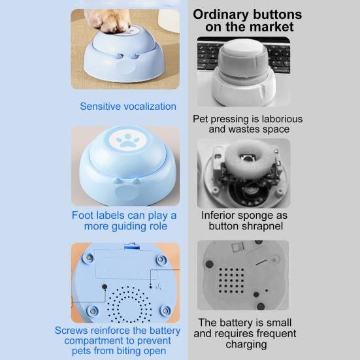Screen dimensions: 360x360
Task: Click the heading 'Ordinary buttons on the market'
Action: click(247, 21)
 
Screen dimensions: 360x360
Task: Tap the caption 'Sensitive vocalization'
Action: click(128, 106)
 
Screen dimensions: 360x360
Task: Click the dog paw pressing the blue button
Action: click(107, 20)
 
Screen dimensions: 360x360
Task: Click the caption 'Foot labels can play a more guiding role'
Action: click(124, 221)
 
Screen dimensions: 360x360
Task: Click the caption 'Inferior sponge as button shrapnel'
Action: click(244, 221)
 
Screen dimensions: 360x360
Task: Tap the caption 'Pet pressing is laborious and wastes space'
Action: click(248, 124)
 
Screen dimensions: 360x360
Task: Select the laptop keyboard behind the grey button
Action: click(243, 55)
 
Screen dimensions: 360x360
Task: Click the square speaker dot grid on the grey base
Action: click(231, 280)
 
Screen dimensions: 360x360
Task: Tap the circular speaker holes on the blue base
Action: click(129, 304)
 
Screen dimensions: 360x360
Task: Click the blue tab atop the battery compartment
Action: click(131, 246)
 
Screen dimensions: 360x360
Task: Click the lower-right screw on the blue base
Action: click(165, 311)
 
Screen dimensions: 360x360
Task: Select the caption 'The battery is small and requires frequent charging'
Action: click(245, 334)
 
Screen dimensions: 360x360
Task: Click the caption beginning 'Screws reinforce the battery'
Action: click(118, 340)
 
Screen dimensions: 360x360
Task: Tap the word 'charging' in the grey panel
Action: click(246, 344)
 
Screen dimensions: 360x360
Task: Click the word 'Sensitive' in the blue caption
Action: click(101, 106)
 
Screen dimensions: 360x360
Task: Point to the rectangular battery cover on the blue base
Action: click(126, 264)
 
